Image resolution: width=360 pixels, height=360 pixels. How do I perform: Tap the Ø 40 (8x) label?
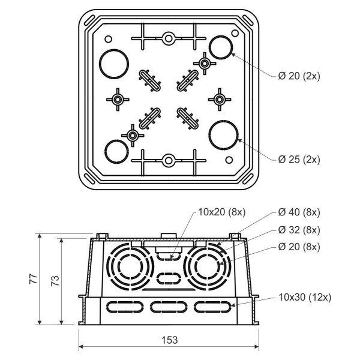299,212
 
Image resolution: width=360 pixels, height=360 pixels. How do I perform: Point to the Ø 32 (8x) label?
299,230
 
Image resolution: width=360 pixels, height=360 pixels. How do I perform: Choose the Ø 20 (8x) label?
299,247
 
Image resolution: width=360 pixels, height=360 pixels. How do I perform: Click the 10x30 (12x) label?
305,297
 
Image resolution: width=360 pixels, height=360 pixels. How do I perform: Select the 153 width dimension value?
169,340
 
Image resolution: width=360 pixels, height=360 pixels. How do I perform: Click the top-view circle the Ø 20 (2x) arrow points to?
221,47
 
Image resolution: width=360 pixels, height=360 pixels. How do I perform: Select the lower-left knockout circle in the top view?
116,151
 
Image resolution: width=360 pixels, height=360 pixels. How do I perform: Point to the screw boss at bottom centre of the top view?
169,160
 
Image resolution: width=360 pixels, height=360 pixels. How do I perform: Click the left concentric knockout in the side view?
128,264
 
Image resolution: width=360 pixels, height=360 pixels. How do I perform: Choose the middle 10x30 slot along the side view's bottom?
169,307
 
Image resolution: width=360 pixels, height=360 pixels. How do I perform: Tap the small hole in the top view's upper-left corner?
108,39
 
